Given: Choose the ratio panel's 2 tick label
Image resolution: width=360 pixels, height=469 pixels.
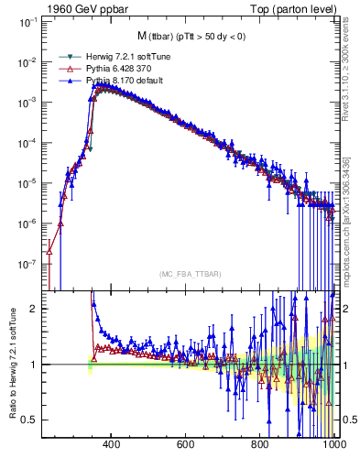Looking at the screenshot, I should [x=34, y=309].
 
